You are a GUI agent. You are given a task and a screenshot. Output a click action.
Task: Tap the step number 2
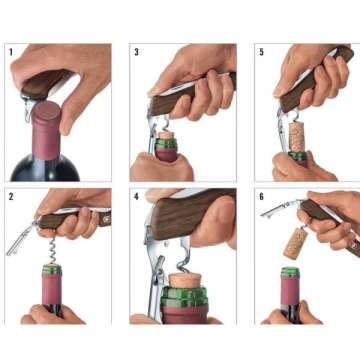[11, 194]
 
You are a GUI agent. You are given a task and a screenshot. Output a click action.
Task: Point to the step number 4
[136, 194]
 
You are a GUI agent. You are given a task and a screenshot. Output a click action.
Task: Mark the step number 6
[261, 194]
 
